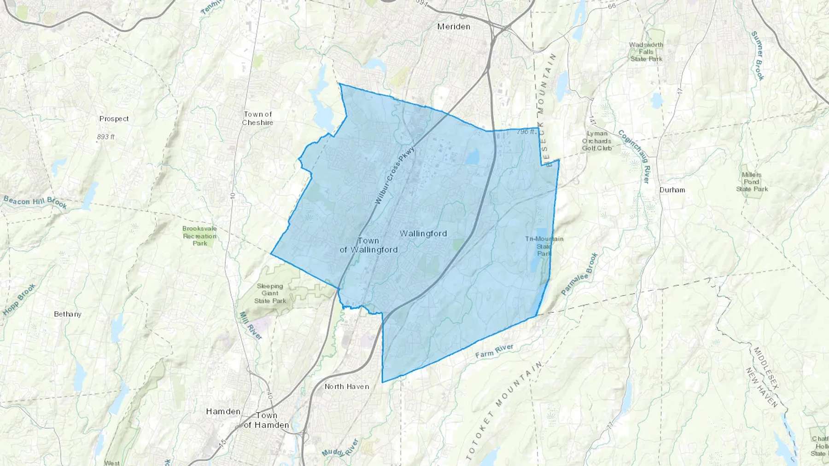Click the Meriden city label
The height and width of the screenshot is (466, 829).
point(454,27)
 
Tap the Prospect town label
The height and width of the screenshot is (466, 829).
point(114,119)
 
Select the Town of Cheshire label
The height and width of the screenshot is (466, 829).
point(258,118)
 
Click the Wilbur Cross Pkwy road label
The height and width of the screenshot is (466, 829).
point(395,175)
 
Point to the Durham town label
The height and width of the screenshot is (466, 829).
point(672,190)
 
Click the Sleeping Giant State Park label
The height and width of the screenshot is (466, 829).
point(270,293)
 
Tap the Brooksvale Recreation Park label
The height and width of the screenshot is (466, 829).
point(199,236)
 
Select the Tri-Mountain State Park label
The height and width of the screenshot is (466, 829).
point(544,246)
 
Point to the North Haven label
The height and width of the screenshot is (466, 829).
point(347,386)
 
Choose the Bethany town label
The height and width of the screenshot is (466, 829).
point(68,314)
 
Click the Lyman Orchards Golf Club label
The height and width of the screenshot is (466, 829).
point(597,141)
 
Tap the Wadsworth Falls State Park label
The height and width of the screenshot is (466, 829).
point(646,52)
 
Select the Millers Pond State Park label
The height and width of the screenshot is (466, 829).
point(752,182)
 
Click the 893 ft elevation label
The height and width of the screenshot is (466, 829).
point(105,137)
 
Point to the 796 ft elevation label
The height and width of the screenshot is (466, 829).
point(526,132)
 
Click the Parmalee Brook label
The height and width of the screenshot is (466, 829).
point(579,274)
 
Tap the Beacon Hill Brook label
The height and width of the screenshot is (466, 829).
point(35,202)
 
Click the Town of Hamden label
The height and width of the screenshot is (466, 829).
point(266,420)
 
